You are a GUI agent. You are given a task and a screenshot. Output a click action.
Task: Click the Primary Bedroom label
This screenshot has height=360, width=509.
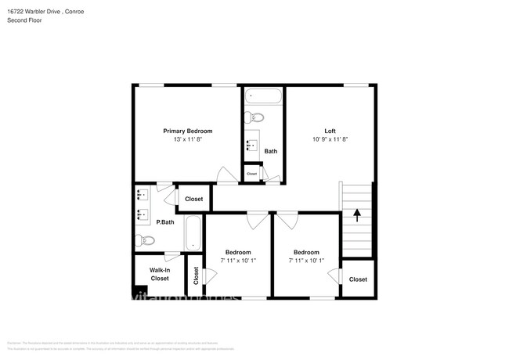point(187,131)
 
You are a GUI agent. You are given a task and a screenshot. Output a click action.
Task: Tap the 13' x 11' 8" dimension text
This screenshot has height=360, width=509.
point(187,139)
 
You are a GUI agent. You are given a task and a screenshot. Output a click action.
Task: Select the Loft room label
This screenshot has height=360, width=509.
point(330,131)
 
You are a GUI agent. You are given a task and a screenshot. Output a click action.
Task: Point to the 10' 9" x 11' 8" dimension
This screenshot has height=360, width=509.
point(330,139)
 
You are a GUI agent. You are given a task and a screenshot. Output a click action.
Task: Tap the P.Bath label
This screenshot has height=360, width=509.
point(164,222)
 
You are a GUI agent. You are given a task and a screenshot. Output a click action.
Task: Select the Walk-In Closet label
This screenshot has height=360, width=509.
point(160,274)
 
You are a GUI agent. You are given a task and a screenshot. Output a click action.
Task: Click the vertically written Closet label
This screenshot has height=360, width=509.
point(195,276)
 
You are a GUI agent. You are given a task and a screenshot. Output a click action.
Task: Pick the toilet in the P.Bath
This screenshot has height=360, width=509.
point(141,240)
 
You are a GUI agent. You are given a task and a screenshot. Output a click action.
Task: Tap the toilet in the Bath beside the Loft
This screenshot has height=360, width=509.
point(254,118)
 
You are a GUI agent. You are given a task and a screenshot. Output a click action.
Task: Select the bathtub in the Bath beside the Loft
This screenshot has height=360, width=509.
point(263,97)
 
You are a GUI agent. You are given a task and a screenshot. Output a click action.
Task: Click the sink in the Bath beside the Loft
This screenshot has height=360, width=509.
point(253,145)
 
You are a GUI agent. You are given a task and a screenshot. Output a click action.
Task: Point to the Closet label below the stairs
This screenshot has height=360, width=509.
point(358,279)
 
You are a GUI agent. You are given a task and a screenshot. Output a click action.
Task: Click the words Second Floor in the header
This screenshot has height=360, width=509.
point(25,20)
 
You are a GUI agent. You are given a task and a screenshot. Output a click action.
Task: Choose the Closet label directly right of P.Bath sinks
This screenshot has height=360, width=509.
point(193,199)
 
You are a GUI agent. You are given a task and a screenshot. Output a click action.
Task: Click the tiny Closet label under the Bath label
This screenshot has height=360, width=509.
point(251,173)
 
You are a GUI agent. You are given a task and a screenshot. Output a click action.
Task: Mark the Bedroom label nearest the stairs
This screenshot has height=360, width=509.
point(305,252)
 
